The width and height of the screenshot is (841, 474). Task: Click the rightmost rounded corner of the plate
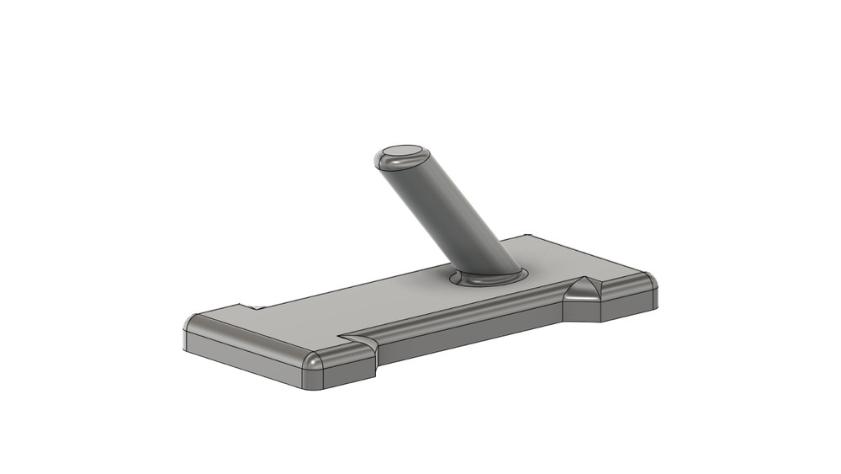[648, 280]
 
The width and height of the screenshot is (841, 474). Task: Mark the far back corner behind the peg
[529, 237]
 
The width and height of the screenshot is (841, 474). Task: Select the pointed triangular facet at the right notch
[583, 290]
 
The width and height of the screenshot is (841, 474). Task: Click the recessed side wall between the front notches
[471, 333]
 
